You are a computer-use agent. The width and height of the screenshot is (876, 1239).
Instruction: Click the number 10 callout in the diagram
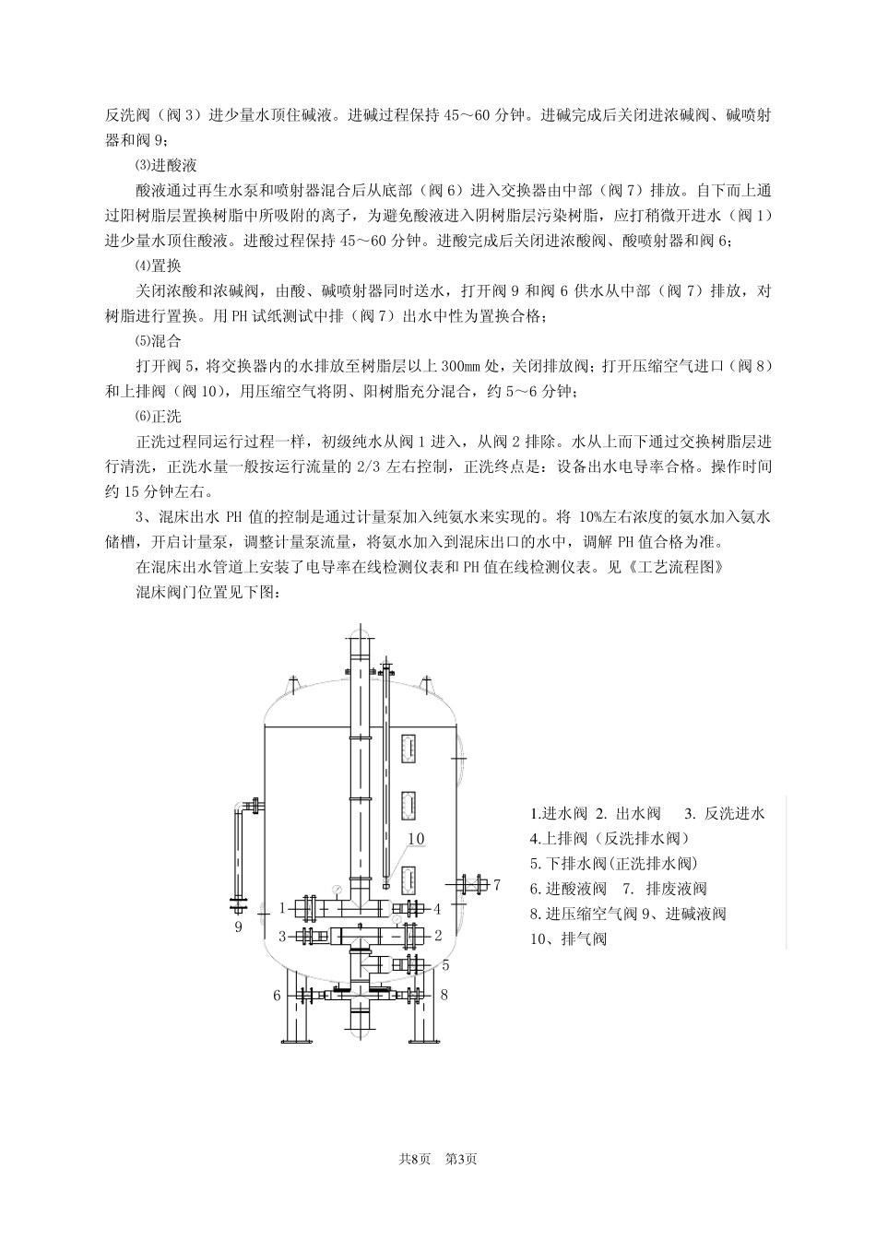pyautogui.click(x=416, y=838)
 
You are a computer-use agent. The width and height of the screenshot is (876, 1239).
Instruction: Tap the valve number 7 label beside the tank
pyautogui.click(x=496, y=885)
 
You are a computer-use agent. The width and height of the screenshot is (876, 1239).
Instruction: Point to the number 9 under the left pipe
pyautogui.click(x=238, y=926)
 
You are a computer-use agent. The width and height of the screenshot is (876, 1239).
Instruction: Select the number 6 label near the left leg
pyautogui.click(x=277, y=996)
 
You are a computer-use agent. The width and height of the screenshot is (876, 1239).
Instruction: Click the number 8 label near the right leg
pyautogui.click(x=444, y=995)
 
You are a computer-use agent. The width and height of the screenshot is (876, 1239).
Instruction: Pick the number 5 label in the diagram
pyautogui.click(x=444, y=965)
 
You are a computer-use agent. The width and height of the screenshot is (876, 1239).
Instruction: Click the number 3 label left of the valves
pyautogui.click(x=283, y=937)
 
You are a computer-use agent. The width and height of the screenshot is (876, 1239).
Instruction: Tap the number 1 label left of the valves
pyautogui.click(x=283, y=908)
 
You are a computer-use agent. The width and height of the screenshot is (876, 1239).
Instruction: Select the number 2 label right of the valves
pyautogui.click(x=439, y=936)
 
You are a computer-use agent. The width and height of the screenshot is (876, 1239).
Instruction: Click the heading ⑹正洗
pyautogui.click(x=158, y=417)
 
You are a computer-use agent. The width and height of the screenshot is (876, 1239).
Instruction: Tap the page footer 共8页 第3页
pyautogui.click(x=437, y=1158)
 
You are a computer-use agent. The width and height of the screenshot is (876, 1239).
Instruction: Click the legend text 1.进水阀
pyautogui.click(x=558, y=814)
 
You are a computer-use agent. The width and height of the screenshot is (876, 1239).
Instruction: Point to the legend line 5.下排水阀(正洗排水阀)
pyautogui.click(x=613, y=864)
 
